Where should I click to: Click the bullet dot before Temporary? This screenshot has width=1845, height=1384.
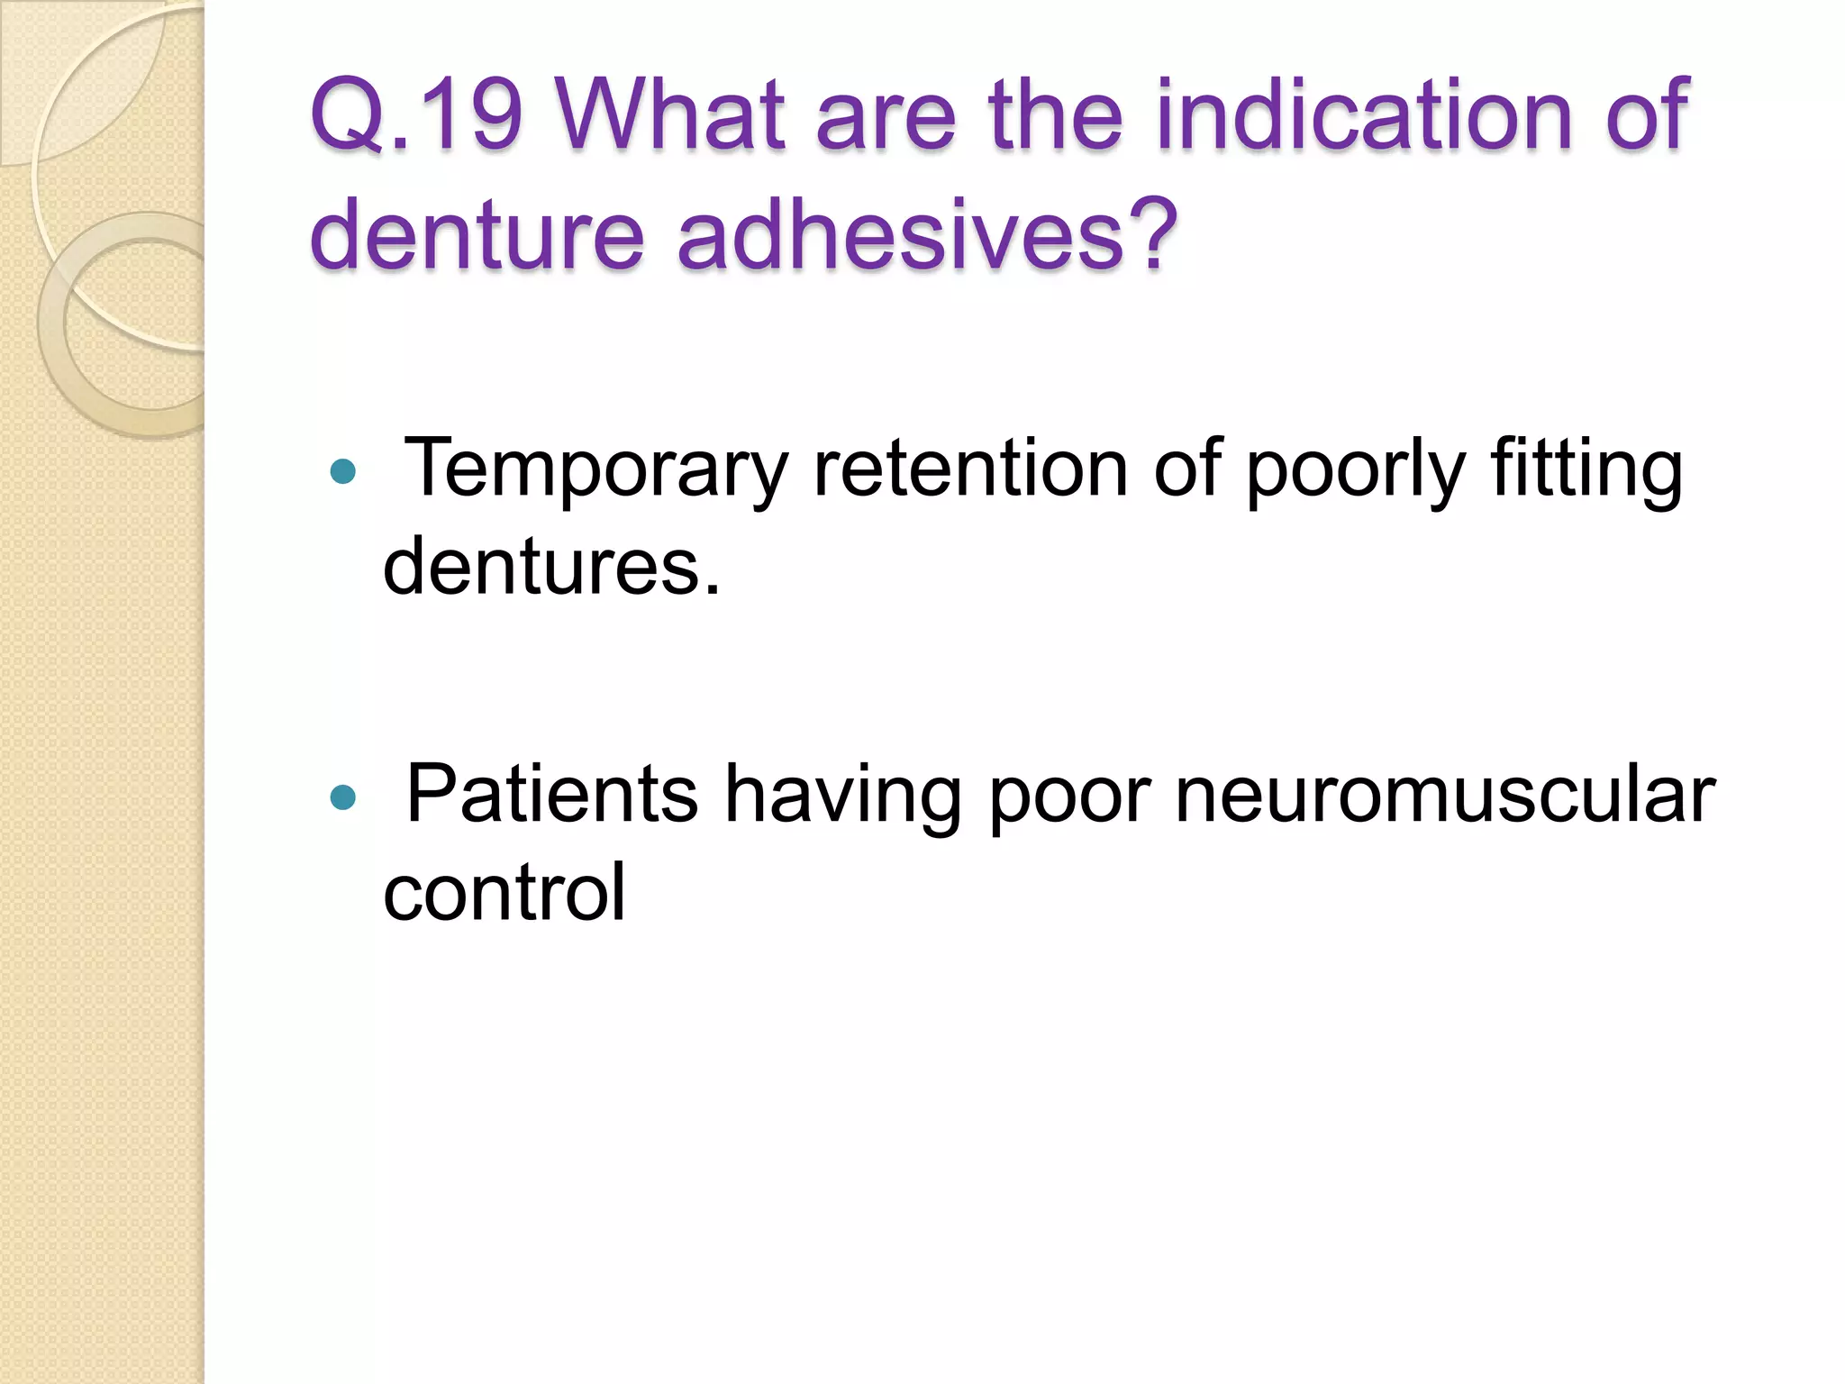343,471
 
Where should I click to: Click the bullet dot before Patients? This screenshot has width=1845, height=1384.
343,797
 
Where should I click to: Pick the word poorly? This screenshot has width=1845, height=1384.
1356,469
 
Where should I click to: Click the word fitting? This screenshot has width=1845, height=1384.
1586,469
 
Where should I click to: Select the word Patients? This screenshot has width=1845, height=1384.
552,795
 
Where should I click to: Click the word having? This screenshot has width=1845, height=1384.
843,795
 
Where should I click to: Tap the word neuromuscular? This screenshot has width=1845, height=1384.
1445,795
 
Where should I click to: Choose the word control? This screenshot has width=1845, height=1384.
504,892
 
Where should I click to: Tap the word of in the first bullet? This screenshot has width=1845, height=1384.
1187,469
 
